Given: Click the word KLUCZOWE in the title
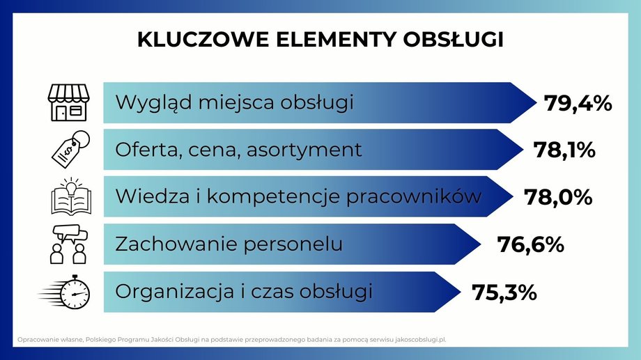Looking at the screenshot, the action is point(203,40).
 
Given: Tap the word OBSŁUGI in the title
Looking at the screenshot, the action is point(453,40).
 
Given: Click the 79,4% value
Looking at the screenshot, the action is point(578,103).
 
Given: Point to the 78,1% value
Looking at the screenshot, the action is point(564,150).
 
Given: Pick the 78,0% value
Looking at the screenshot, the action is point(558,197).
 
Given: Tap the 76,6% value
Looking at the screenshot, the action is point(530,245).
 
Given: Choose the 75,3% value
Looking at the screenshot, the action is point(504,292).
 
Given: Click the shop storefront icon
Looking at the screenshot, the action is point(69,102).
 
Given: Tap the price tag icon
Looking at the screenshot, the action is point(71,150).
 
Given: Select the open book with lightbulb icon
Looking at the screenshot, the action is point(71,196).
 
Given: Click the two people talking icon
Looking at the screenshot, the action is point(70,244).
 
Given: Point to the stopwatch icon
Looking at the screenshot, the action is point(65,292).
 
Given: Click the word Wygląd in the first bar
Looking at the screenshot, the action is point(154,103).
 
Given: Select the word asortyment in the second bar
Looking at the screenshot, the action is point(304,150).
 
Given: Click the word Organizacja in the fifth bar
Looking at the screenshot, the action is point(175,292).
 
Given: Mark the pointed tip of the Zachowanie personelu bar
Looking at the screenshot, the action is point(480,244).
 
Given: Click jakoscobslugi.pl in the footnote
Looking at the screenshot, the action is point(421,340).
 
